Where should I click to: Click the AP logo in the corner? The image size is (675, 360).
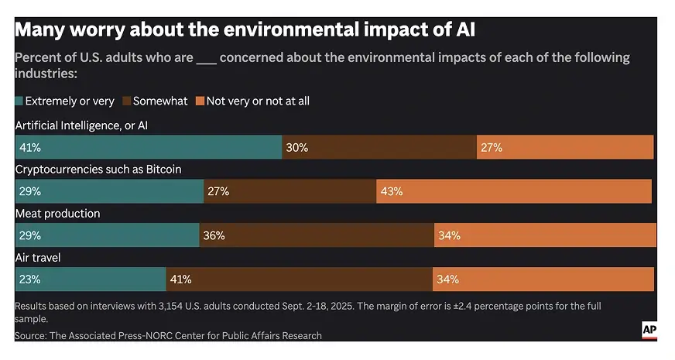click(x=649, y=331)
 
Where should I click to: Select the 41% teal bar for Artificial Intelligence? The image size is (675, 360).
click(x=148, y=147)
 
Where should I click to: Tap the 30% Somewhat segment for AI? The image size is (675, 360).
click(x=379, y=147)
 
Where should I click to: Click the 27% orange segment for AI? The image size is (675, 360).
click(x=565, y=147)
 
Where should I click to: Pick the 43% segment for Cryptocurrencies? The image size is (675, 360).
click(x=514, y=191)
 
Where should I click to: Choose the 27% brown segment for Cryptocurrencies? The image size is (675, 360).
click(x=290, y=191)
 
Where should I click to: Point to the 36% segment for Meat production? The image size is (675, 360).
click(x=317, y=235)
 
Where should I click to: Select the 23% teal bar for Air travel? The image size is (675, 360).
click(x=90, y=279)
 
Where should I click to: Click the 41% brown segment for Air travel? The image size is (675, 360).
click(x=299, y=279)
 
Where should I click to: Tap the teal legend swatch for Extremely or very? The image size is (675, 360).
click(x=19, y=101)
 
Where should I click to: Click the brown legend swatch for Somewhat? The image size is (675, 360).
click(x=127, y=101)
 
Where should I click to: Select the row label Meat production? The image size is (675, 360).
click(x=57, y=213)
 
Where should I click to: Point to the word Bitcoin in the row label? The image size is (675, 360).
click(x=162, y=169)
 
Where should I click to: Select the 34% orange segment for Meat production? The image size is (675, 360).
click(x=545, y=235)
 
